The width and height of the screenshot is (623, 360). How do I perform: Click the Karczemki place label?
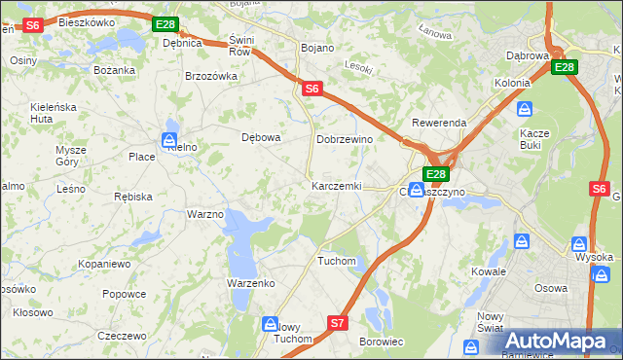(336, 185)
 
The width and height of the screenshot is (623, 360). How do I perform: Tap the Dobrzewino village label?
(346, 139)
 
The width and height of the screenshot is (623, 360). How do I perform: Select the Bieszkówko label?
(87, 21)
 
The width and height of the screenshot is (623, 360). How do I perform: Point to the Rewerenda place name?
(439, 123)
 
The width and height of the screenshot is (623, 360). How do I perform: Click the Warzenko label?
(251, 282)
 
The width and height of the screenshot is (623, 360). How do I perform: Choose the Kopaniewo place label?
(105, 264)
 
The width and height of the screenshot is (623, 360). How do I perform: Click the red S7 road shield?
(337, 322)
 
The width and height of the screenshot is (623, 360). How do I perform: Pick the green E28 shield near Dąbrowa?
(564, 67)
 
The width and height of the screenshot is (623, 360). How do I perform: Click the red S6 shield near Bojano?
(311, 89)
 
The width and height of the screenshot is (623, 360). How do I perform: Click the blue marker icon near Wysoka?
(580, 243)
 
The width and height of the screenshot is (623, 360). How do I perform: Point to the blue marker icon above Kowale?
(523, 239)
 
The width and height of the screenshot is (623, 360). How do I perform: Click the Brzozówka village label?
(211, 76)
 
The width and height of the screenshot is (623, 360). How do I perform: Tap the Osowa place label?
(551, 288)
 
